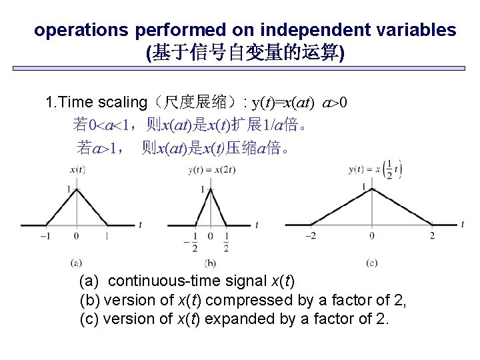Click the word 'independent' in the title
[x=303, y=30]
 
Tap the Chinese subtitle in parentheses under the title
[x=245, y=53]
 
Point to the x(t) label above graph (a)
[x=77, y=171]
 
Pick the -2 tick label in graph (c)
[x=311, y=235]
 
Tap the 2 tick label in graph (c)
[x=432, y=235]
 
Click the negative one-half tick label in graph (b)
[x=193, y=242]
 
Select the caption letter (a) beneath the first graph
[x=77, y=263]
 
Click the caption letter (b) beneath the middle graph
[x=211, y=263]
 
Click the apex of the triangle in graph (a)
[x=77, y=189]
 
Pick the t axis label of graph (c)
[x=462, y=225]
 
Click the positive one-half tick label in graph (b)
[x=227, y=242]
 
